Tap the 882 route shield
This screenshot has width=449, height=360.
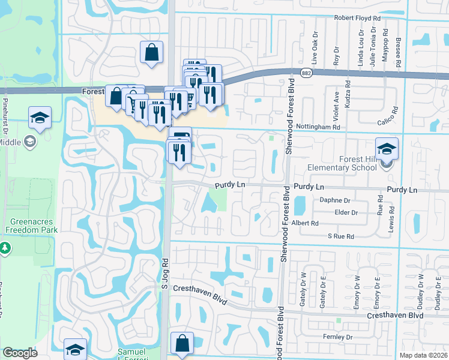click(307, 73)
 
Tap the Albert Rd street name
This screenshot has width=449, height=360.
click(305, 223)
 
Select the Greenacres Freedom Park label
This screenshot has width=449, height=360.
click(29, 224)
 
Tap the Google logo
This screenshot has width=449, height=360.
click(20, 353)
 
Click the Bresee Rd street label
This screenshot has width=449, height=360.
click(398, 48)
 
